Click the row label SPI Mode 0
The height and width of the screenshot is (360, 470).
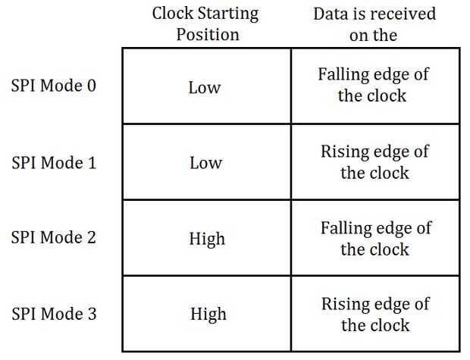click(54, 85)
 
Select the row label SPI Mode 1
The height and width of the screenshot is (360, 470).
click(54, 162)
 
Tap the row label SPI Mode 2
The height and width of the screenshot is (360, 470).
click(54, 238)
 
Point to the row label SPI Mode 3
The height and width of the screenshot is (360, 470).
click(54, 314)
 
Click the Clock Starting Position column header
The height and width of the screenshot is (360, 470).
click(206, 24)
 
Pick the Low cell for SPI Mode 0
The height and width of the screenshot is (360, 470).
click(205, 87)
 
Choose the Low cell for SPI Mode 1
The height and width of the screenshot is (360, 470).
click(205, 163)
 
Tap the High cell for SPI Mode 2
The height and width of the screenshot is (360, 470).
click(206, 239)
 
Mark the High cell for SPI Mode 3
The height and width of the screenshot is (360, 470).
click(206, 315)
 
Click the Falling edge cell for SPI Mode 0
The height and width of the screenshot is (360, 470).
click(374, 86)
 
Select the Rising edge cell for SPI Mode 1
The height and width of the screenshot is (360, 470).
click(374, 162)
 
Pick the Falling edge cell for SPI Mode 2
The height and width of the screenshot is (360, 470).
click(374, 238)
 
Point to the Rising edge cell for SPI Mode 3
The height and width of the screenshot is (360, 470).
click(374, 315)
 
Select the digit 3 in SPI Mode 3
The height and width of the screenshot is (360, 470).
click(92, 314)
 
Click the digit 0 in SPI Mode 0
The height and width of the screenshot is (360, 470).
click(92, 85)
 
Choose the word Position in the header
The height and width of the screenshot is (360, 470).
click(207, 35)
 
